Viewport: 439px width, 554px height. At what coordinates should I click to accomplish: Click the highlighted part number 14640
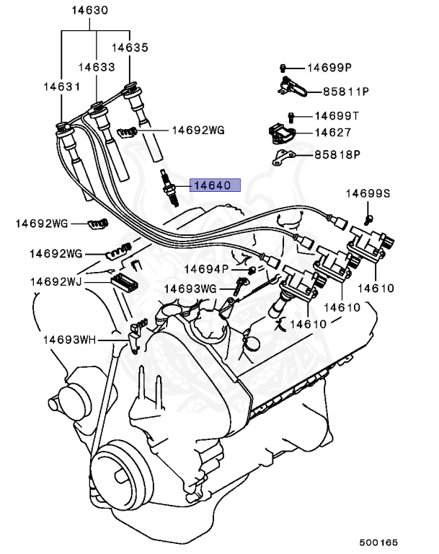click(211, 185)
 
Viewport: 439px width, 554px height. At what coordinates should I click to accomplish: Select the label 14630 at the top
click(90, 12)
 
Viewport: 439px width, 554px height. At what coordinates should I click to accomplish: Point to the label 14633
click(97, 66)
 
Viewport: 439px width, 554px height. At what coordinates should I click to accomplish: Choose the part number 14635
click(130, 48)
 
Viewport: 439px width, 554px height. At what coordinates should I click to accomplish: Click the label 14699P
click(329, 68)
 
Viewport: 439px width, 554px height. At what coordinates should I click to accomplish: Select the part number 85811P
click(345, 92)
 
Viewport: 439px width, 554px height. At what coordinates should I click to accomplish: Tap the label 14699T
click(336, 115)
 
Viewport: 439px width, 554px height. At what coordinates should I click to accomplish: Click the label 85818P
click(336, 154)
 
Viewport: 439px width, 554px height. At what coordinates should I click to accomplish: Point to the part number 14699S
click(367, 193)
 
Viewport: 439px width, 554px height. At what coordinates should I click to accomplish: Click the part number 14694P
click(205, 269)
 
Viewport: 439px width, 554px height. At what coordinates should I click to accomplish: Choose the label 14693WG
click(190, 289)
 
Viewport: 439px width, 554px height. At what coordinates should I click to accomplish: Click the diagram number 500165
click(378, 541)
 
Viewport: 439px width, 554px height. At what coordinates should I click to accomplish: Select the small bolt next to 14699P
click(285, 68)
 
